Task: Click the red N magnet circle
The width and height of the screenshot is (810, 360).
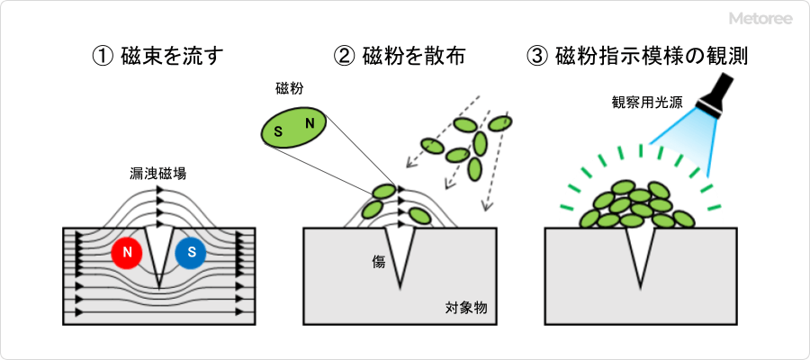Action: [x=128, y=254]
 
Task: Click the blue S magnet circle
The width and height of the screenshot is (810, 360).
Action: [x=191, y=254]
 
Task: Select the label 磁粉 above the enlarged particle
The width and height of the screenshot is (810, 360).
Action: [x=289, y=89]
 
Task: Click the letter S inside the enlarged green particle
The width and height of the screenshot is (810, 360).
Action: [x=278, y=133]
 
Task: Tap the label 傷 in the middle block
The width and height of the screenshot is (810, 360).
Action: [x=379, y=262]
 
